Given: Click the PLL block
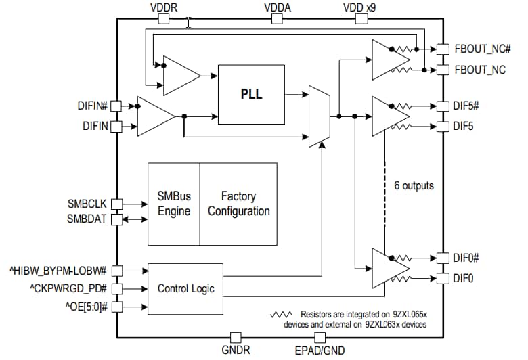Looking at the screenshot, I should pyautogui.click(x=252, y=94).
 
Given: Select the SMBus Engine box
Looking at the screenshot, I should pyautogui.click(x=174, y=204).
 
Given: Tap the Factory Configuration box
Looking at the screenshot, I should pyautogui.click(x=238, y=204).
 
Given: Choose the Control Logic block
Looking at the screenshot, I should pyautogui.click(x=185, y=289).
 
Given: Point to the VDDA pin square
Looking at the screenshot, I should pyautogui.click(x=277, y=18).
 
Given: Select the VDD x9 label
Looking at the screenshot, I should pyautogui.click(x=359, y=7).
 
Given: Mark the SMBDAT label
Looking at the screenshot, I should pyautogui.click(x=87, y=219).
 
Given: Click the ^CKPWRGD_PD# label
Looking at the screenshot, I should pyautogui.click(x=68, y=289).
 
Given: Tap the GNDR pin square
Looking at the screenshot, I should pyautogui.click(x=236, y=336).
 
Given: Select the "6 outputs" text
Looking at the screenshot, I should pyautogui.click(x=414, y=185).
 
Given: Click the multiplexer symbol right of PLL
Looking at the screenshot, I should pyautogui.click(x=319, y=116).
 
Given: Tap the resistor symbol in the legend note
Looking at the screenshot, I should pyautogui.click(x=281, y=315).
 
